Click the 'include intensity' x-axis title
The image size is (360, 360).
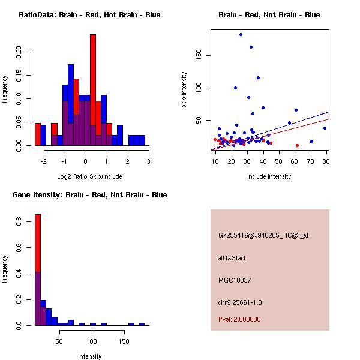click(x=269, y=176)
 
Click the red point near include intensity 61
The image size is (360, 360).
click(x=297, y=145)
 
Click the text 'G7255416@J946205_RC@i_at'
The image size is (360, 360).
click(x=263, y=236)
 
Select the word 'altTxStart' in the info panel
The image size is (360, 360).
click(x=232, y=258)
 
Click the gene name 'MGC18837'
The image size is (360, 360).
click(x=234, y=280)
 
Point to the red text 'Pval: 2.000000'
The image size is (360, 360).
click(x=239, y=319)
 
